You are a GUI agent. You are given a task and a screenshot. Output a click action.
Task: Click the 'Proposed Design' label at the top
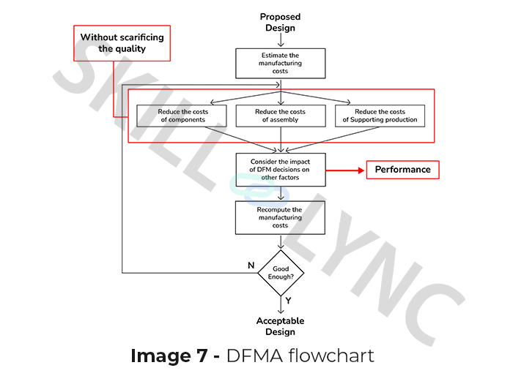[280, 23]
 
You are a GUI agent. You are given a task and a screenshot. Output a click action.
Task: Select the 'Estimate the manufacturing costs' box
[280, 64]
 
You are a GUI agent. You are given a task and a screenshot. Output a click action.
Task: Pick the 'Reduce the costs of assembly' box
[280, 116]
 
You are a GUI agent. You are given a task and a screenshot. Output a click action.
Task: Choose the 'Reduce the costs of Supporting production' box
[380, 116]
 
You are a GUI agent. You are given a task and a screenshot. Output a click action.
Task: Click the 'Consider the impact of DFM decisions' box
[280, 170]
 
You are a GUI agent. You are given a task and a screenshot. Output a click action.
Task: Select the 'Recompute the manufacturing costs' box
[280, 217]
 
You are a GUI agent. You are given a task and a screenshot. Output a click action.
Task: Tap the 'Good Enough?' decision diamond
[280, 273]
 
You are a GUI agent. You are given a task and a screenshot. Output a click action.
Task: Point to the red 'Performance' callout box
[402, 170]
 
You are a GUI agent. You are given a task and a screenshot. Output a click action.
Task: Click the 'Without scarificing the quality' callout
[122, 43]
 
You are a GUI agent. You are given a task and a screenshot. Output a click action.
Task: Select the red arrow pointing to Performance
[344, 170]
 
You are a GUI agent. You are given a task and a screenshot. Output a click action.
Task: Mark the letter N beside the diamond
[251, 265]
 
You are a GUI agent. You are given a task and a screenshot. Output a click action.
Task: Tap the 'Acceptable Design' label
[280, 326]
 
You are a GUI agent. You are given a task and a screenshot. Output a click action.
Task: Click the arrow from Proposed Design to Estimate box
[280, 41]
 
